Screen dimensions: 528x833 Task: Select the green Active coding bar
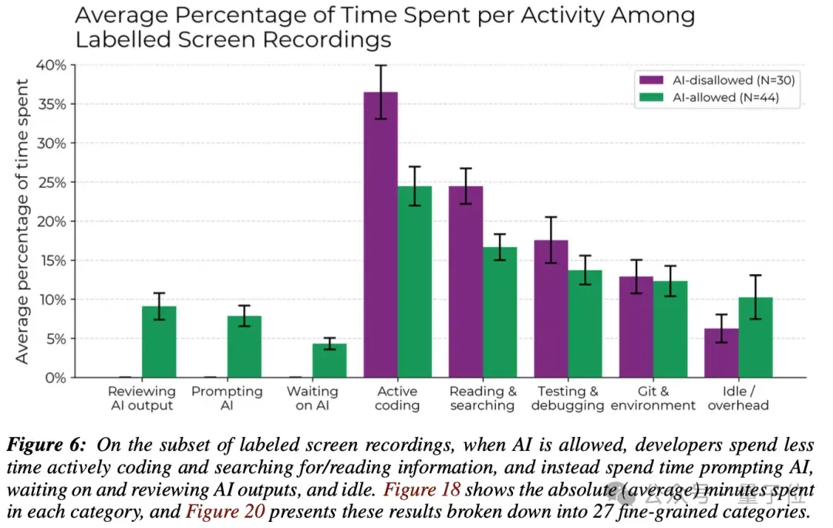coord(415,282)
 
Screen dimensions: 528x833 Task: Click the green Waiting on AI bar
coord(329,360)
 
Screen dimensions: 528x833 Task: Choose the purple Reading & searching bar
coord(465,282)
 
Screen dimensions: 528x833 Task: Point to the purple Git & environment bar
coord(636,327)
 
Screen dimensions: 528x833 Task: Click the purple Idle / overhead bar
coord(720,353)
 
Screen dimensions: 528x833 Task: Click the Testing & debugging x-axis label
coord(568,398)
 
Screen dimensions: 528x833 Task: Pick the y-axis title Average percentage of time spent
coord(22,222)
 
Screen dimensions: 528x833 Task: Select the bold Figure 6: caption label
coord(48,445)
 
